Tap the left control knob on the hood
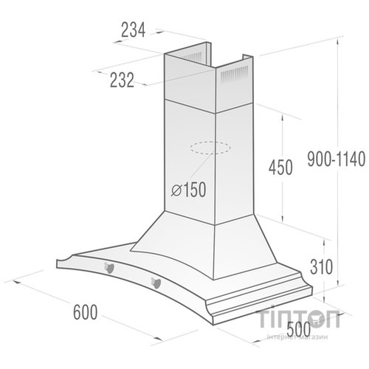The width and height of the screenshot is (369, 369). [x=109, y=266]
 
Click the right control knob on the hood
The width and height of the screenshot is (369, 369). [x=156, y=281]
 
